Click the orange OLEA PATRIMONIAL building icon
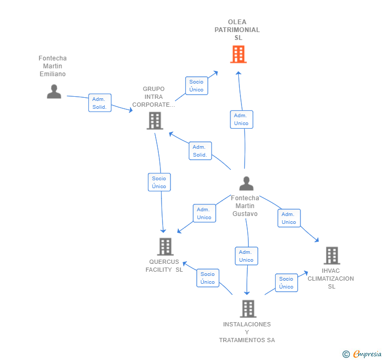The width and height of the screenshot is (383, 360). [x=238, y=54]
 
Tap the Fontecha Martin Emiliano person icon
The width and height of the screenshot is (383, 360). [x=54, y=91]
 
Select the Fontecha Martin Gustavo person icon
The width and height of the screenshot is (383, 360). [x=246, y=183]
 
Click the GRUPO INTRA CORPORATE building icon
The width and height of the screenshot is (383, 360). [x=155, y=121]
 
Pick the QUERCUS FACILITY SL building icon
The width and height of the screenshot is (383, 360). [x=165, y=246]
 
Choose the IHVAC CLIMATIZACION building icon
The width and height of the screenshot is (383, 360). [x=331, y=255]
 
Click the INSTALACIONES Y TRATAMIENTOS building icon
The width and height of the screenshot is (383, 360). [x=248, y=308]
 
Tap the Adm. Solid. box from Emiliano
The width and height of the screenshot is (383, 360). [x=99, y=103]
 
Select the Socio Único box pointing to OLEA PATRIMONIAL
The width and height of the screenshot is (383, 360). [x=196, y=86]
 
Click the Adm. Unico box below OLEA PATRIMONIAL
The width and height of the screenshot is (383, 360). [x=241, y=119]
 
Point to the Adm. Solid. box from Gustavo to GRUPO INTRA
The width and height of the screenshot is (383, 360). [x=200, y=151]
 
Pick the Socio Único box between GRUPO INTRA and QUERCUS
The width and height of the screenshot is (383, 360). [x=159, y=182]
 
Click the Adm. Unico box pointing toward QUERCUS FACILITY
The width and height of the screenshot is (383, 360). [x=204, y=213]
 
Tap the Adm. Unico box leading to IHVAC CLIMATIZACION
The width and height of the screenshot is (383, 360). [x=289, y=218]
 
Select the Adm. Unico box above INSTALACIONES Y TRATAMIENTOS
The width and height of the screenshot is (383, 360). [x=246, y=256]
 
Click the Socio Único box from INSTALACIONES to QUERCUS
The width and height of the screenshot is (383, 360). [x=208, y=278]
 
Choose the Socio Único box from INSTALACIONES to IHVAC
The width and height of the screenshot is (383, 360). [x=286, y=283]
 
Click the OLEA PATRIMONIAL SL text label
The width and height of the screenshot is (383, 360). [x=237, y=30]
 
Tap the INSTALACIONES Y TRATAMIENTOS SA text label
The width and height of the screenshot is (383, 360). [x=247, y=332]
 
